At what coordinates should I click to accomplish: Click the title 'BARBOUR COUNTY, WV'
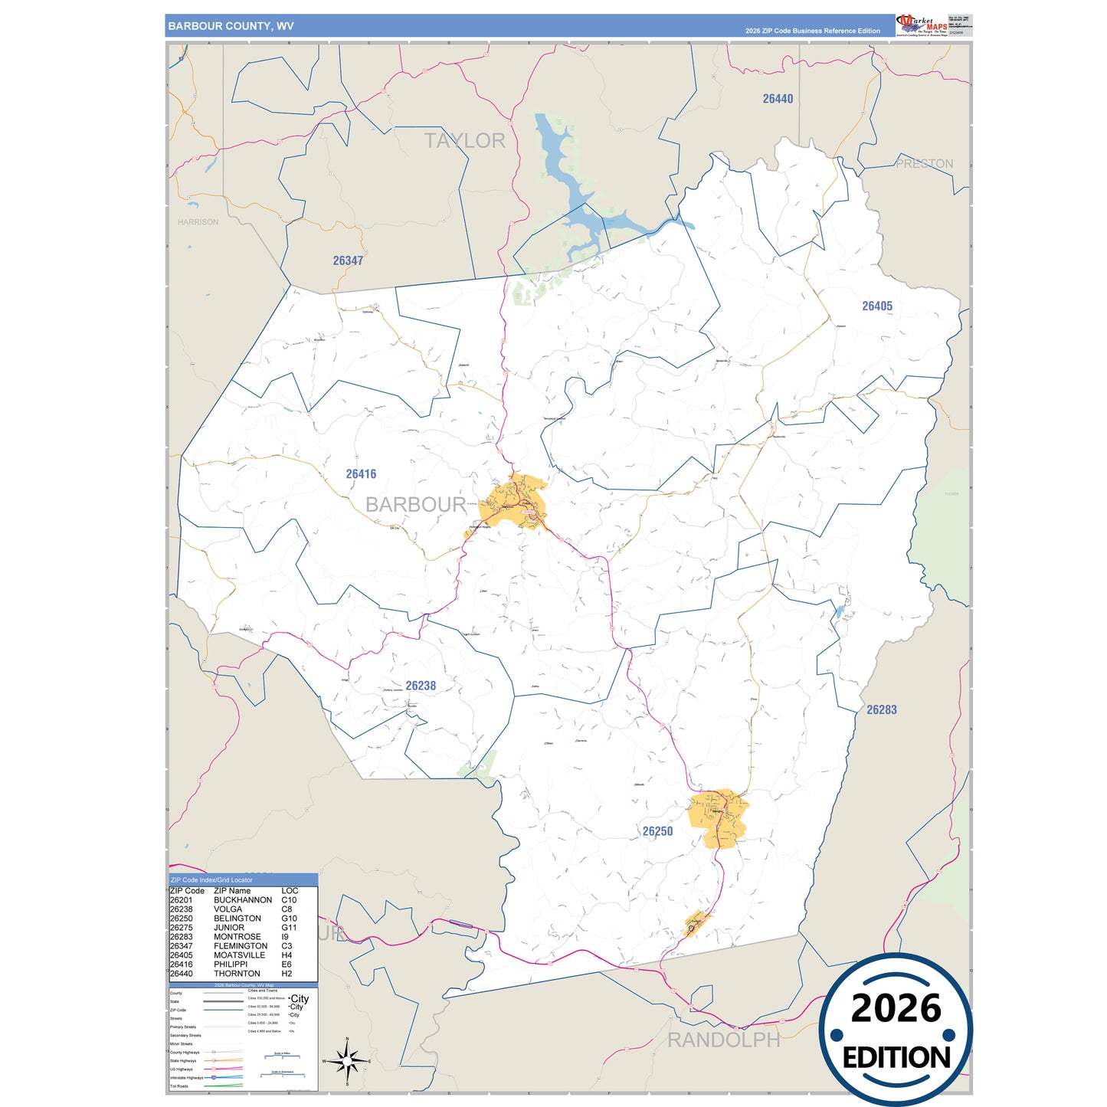[x=231, y=26]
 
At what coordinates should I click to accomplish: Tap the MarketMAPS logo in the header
[x=922, y=25]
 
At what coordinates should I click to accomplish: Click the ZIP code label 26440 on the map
[x=778, y=99]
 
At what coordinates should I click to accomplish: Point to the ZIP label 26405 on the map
[x=876, y=306]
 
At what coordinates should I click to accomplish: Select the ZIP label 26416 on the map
[x=361, y=474]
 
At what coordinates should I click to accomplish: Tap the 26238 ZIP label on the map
[x=421, y=686]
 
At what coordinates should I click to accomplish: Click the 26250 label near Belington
[x=657, y=831]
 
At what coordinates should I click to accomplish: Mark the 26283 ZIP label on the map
[x=881, y=710]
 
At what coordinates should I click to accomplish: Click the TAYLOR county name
[x=465, y=141]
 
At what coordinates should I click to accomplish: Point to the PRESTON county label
[x=925, y=164]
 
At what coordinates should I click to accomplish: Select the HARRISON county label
[x=198, y=222]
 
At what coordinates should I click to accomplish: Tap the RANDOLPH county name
[x=723, y=1040]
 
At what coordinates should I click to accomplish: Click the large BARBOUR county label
[x=415, y=505]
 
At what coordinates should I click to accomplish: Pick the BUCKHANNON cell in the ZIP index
[x=243, y=900]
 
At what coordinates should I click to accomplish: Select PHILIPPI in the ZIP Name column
[x=231, y=965]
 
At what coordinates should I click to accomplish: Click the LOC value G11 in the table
[x=289, y=928]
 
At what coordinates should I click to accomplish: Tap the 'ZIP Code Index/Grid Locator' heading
[x=211, y=880]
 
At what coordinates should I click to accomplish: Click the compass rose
[x=347, y=1061]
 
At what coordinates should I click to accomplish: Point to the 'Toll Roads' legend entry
[x=179, y=1086]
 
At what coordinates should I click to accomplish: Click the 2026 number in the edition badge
[x=896, y=1008]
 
